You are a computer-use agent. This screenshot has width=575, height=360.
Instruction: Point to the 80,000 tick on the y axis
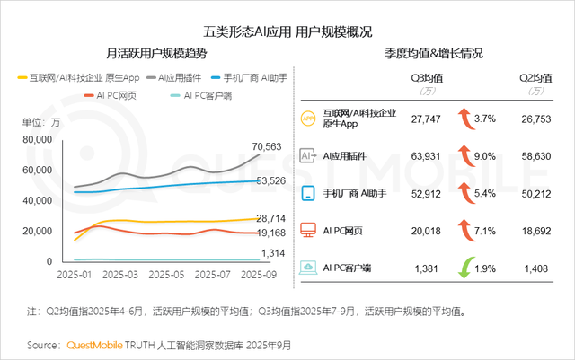point(35,139)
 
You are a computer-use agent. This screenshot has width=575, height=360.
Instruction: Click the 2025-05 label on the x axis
point(167,273)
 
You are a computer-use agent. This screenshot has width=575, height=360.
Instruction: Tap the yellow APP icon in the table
point(307,118)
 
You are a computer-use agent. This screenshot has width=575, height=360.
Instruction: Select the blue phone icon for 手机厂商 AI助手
point(307,193)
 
